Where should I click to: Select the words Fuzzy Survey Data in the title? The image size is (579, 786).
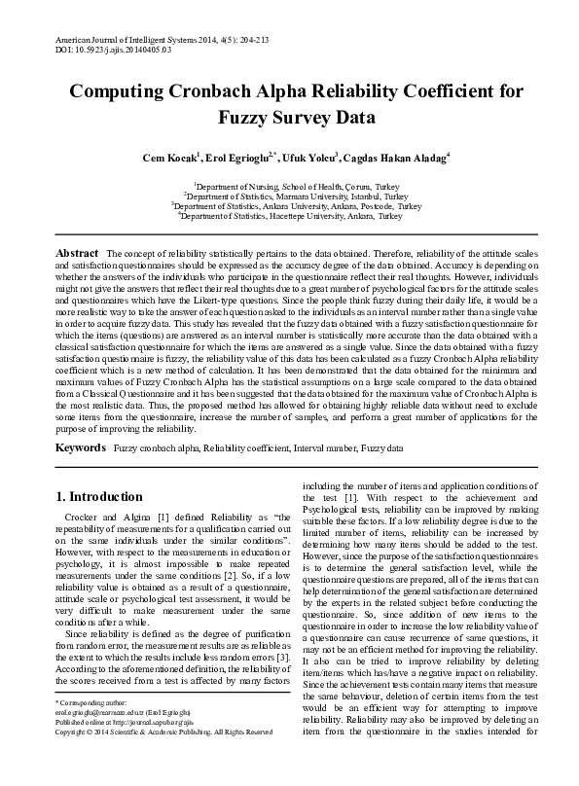(289, 120)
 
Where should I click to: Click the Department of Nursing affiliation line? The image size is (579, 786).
(289, 185)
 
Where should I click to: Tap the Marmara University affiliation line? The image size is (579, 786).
(289, 196)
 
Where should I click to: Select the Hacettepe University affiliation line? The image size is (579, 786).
(289, 217)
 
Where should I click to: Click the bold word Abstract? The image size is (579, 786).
(77, 253)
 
